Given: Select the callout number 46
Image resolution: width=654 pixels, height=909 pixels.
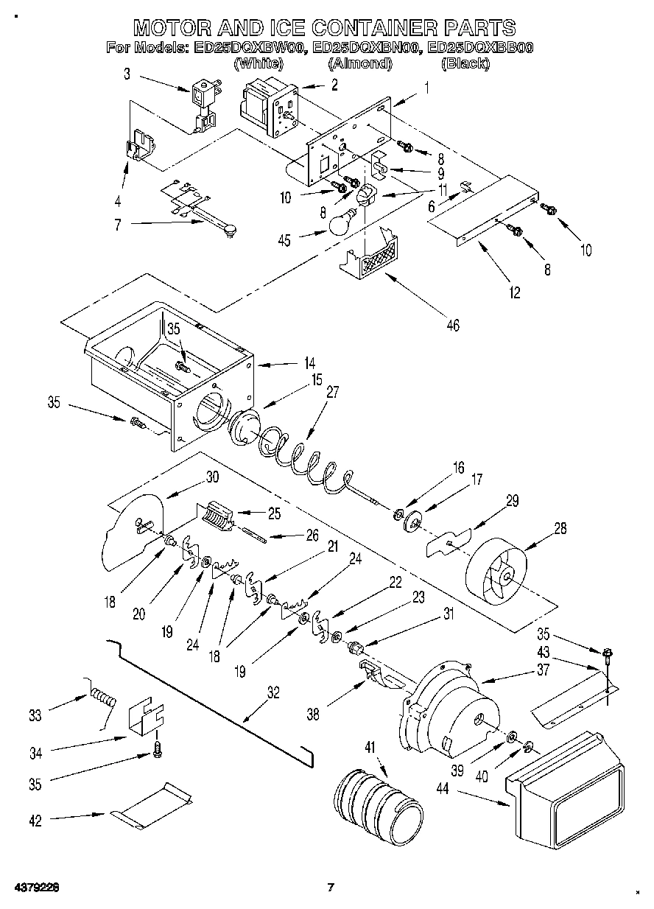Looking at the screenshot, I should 452,325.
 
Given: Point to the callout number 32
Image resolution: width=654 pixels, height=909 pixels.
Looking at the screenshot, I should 273,692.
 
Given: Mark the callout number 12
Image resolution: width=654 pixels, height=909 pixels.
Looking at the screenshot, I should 514,292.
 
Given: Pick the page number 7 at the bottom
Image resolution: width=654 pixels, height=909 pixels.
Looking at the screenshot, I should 331,887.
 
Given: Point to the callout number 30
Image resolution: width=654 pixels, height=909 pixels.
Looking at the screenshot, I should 212,477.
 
